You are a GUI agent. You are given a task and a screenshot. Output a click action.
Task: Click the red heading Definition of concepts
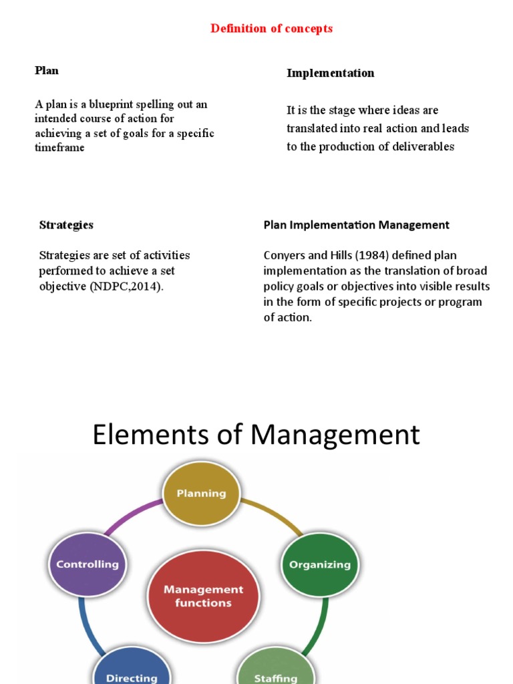(271, 29)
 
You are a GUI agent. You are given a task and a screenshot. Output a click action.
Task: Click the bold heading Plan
(47, 70)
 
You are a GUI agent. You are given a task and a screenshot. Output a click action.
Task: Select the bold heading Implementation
(330, 73)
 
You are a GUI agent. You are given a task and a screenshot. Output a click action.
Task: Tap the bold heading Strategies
(66, 225)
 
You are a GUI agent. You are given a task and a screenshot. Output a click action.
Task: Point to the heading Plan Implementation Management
(356, 225)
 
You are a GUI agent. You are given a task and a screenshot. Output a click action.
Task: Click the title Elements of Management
(256, 435)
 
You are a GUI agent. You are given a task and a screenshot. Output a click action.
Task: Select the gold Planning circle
(201, 494)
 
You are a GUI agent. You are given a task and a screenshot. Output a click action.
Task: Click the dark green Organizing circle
(319, 564)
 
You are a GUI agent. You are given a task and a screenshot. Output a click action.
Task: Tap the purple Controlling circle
(87, 564)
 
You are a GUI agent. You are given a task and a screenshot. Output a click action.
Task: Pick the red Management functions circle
(203, 596)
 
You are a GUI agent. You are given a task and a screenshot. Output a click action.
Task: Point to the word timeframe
(59, 148)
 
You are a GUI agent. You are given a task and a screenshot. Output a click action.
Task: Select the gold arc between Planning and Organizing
(273, 514)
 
